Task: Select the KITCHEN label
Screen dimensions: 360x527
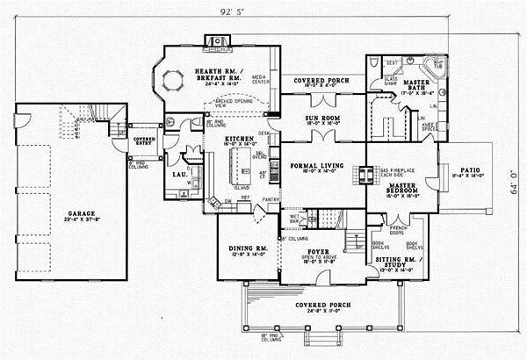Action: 239,139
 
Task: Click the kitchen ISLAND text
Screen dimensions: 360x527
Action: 242,188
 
